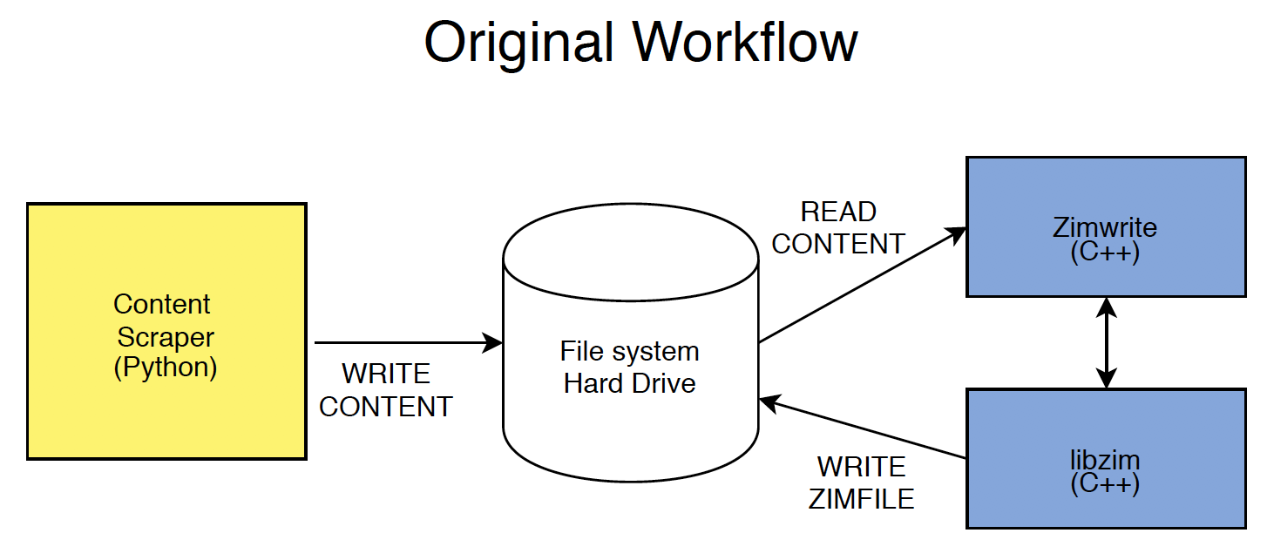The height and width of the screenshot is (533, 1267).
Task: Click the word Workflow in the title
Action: tap(746, 42)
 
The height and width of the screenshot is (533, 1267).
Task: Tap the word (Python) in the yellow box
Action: tap(166, 368)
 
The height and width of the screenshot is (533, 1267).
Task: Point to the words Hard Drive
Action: tap(630, 383)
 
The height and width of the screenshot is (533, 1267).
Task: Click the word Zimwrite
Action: tap(1105, 228)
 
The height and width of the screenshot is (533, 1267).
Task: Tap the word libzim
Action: tap(1105, 459)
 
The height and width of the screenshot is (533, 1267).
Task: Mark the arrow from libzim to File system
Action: tap(863, 428)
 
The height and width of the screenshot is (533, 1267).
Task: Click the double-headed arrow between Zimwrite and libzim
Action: tap(1106, 342)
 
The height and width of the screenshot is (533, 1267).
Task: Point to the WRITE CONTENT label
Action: tap(386, 390)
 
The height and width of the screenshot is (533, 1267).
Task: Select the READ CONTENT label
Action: tap(838, 228)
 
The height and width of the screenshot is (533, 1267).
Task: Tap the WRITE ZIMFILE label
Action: tap(862, 482)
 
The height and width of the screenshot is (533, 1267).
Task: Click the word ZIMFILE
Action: tap(862, 499)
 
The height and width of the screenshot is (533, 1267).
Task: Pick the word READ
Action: tap(838, 212)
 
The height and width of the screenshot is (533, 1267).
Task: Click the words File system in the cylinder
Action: tap(630, 352)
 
